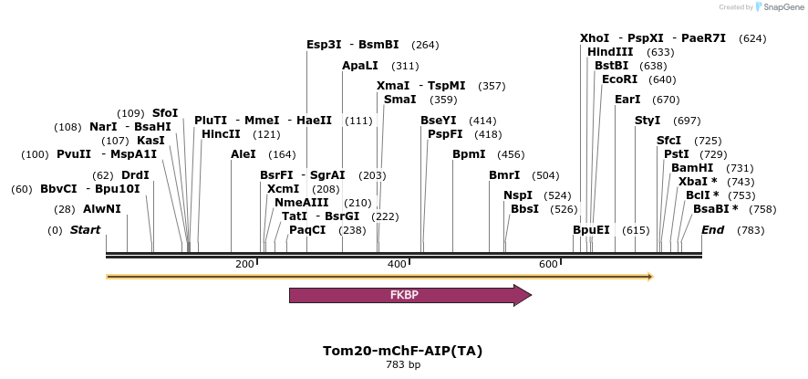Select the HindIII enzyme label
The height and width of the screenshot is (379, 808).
click(610, 52)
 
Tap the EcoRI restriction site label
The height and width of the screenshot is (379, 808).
click(619, 79)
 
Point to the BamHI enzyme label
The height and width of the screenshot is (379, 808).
click(692, 168)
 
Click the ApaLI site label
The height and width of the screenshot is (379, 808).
click(359, 66)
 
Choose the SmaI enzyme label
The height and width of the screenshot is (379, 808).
click(399, 100)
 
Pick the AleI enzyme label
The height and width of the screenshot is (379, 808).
click(243, 154)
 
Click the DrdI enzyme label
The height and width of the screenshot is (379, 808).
click(135, 175)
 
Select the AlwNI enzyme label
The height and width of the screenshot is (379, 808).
click(101, 209)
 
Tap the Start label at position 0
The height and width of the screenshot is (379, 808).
click(85, 230)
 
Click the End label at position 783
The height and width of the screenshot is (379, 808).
click(712, 230)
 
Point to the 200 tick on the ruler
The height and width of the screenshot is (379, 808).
click(244, 264)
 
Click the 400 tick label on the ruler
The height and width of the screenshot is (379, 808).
click(397, 264)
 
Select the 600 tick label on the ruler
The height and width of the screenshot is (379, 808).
click(548, 264)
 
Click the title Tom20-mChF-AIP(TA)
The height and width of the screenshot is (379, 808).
click(402, 351)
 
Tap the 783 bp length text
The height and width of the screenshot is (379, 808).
click(402, 365)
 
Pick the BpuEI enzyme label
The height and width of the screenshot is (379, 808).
click(591, 230)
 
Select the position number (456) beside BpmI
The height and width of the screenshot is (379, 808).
click(511, 154)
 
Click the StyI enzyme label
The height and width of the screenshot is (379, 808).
click(647, 121)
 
